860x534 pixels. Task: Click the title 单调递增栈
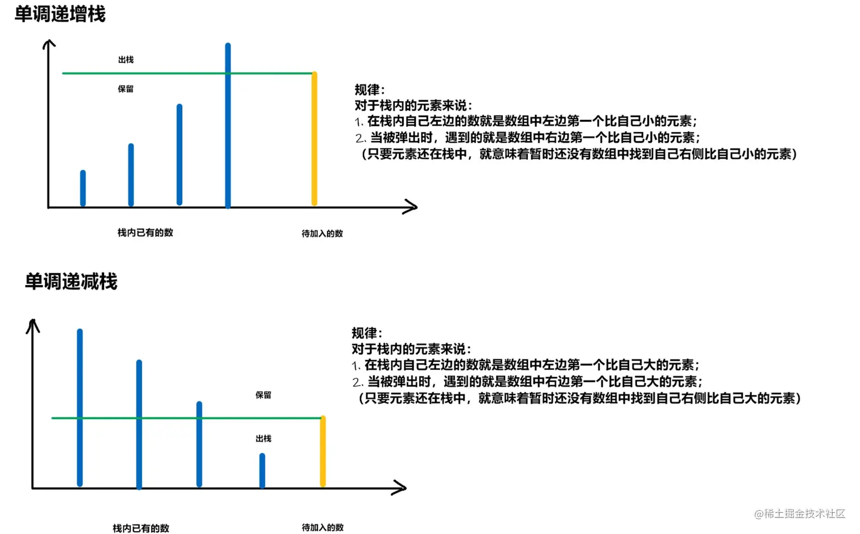(x=60, y=14)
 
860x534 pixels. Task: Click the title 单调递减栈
(x=71, y=282)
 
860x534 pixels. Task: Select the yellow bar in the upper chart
(x=315, y=139)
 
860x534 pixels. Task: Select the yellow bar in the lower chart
(x=323, y=452)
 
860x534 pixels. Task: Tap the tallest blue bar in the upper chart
(x=228, y=125)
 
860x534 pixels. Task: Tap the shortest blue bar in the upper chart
(x=83, y=188)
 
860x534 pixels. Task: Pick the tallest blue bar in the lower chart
(x=80, y=407)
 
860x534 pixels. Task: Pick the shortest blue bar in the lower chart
(x=262, y=470)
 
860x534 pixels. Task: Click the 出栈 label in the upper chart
(x=126, y=60)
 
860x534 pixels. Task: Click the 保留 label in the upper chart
(x=126, y=89)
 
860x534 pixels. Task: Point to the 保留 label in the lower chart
(x=263, y=395)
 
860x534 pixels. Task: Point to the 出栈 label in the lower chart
(x=263, y=438)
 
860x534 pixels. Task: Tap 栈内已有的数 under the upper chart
(x=145, y=233)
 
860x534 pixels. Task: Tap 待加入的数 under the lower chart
(x=323, y=528)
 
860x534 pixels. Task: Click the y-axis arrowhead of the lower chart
(x=33, y=325)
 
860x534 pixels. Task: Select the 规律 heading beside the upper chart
(x=369, y=90)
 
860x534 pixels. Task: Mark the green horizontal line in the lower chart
(x=171, y=418)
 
